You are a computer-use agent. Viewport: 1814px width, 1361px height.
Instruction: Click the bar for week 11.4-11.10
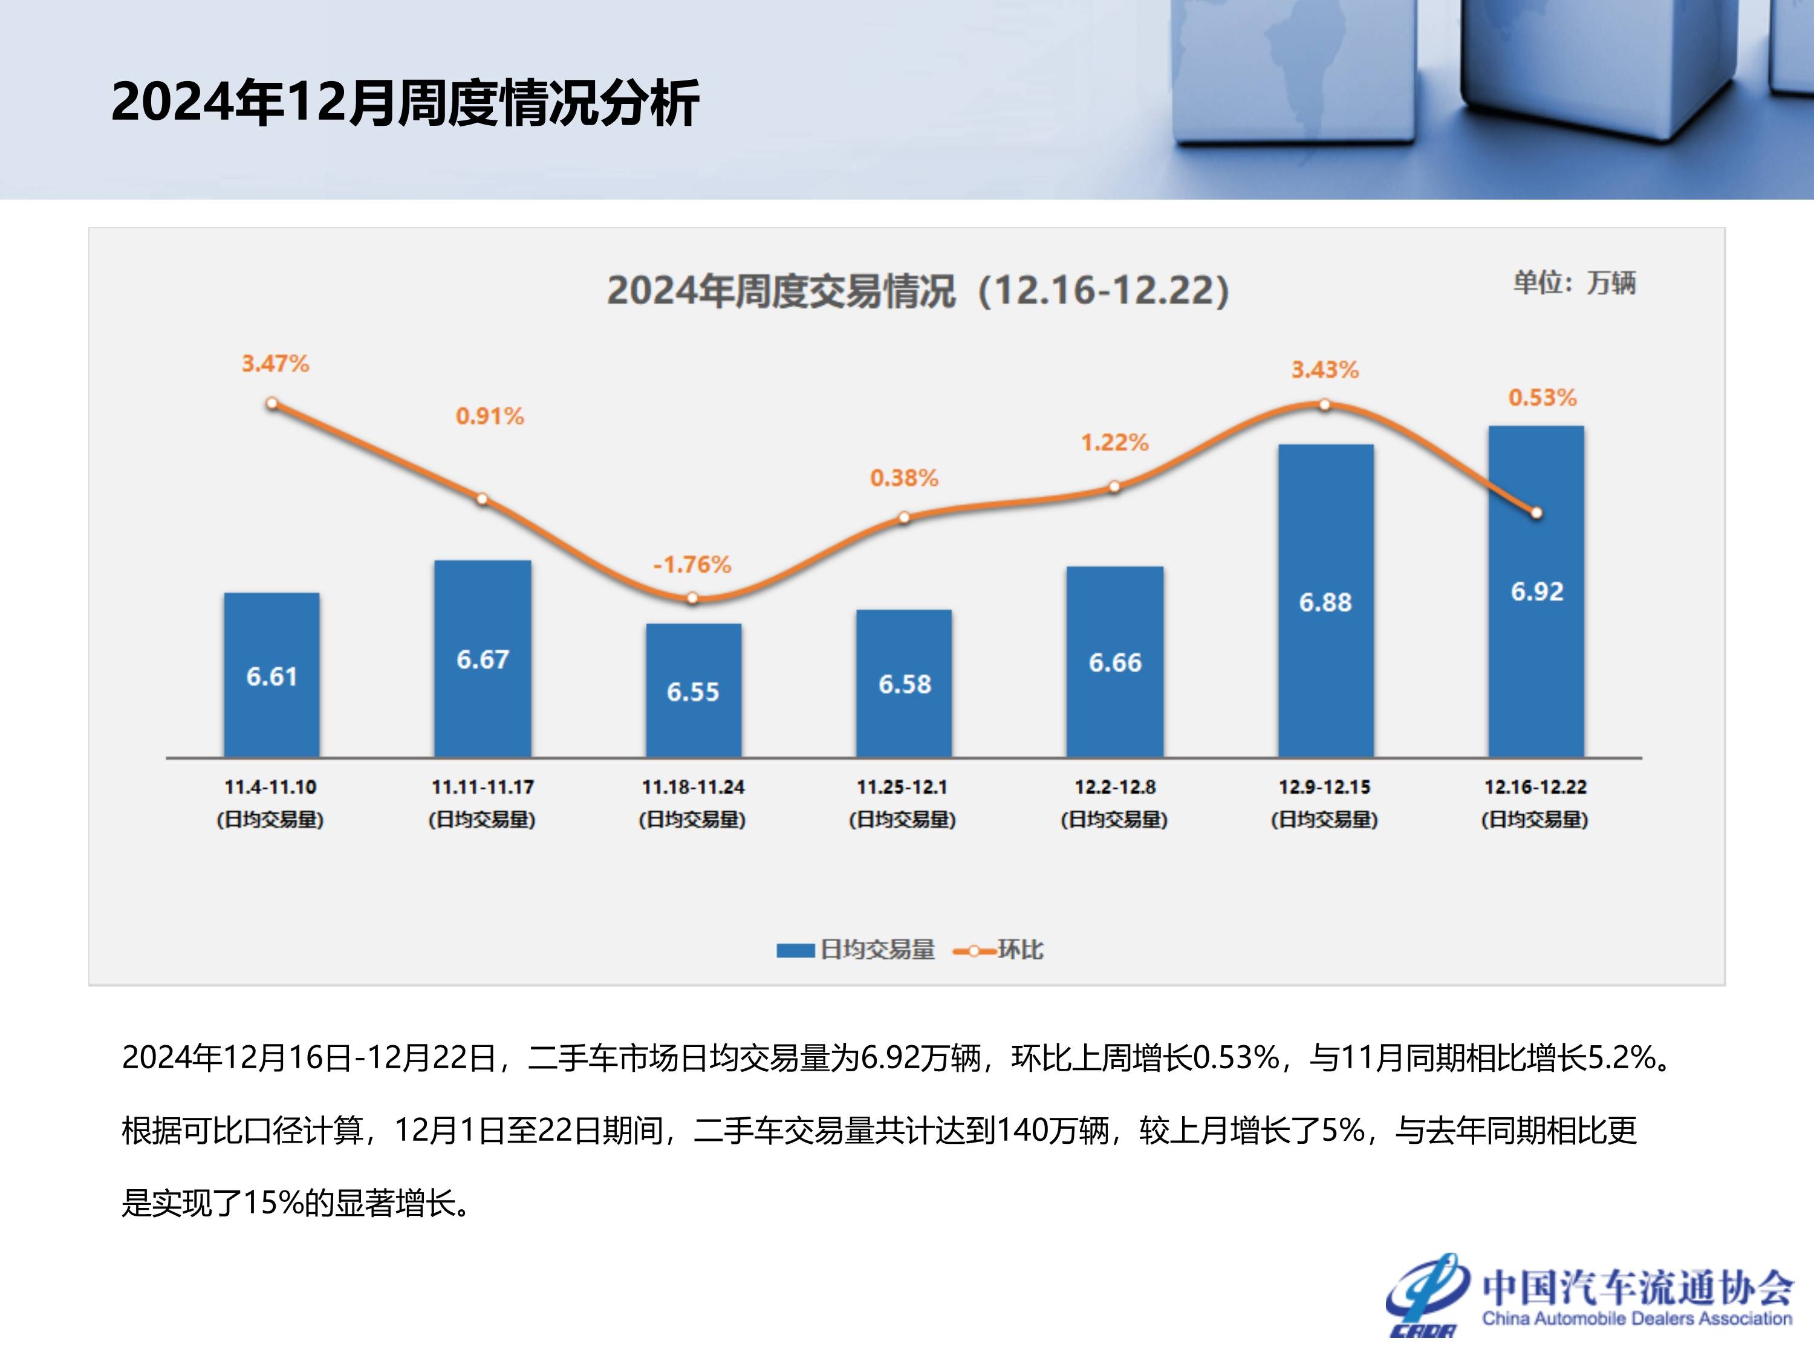tap(271, 674)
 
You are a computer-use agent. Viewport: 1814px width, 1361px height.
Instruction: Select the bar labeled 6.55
tap(693, 691)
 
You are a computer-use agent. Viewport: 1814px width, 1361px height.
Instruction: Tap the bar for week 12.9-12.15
tap(1325, 601)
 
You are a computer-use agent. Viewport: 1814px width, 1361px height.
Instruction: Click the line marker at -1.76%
tap(693, 598)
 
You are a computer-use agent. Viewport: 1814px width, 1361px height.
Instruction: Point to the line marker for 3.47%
tap(272, 403)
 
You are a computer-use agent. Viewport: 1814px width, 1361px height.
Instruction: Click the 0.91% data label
tap(490, 416)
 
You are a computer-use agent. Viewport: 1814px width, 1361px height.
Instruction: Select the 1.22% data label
tap(1114, 443)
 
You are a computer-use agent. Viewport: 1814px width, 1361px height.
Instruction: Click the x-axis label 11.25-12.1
tap(902, 788)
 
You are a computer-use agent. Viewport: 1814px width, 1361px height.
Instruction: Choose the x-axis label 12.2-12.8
tap(1114, 788)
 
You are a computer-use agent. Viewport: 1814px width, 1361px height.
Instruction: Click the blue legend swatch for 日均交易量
tap(795, 951)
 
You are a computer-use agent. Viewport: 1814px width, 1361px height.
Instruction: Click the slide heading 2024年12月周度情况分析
tap(405, 103)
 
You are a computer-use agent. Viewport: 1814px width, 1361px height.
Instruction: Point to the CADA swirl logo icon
tap(1426, 1294)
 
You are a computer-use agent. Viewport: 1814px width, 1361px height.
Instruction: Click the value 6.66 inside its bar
tap(1114, 662)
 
